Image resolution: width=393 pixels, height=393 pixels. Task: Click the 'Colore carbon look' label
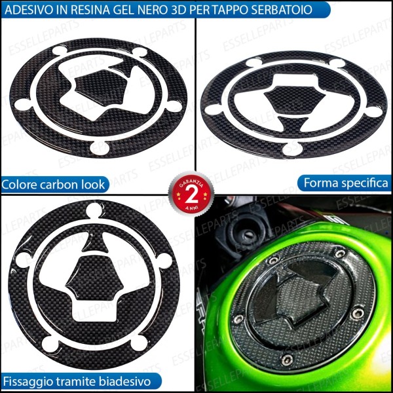pos(54,184)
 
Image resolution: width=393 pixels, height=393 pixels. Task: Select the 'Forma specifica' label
pos(345,183)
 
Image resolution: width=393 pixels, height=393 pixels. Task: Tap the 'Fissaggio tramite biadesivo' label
pos(77,381)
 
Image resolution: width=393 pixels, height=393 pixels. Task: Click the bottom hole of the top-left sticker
pos(98,147)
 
